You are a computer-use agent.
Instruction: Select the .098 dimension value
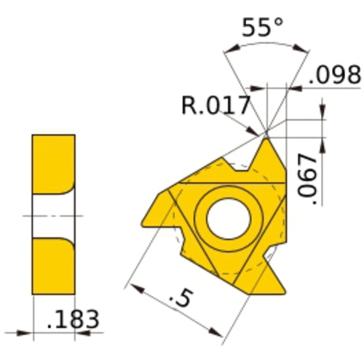pos(334,74)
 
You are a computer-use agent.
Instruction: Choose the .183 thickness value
pos(73,319)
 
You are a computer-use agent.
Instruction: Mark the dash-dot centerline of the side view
pos(29,215)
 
